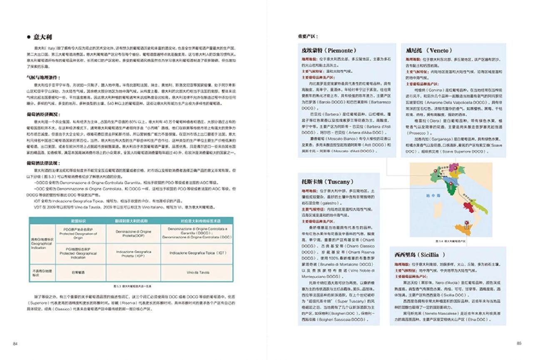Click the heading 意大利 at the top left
[x=43, y=37]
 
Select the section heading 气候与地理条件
[x=44, y=77]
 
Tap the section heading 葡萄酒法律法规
[x=44, y=163]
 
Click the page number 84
[x=15, y=343]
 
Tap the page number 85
[x=519, y=343]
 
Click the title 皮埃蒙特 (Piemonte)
[x=329, y=50]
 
